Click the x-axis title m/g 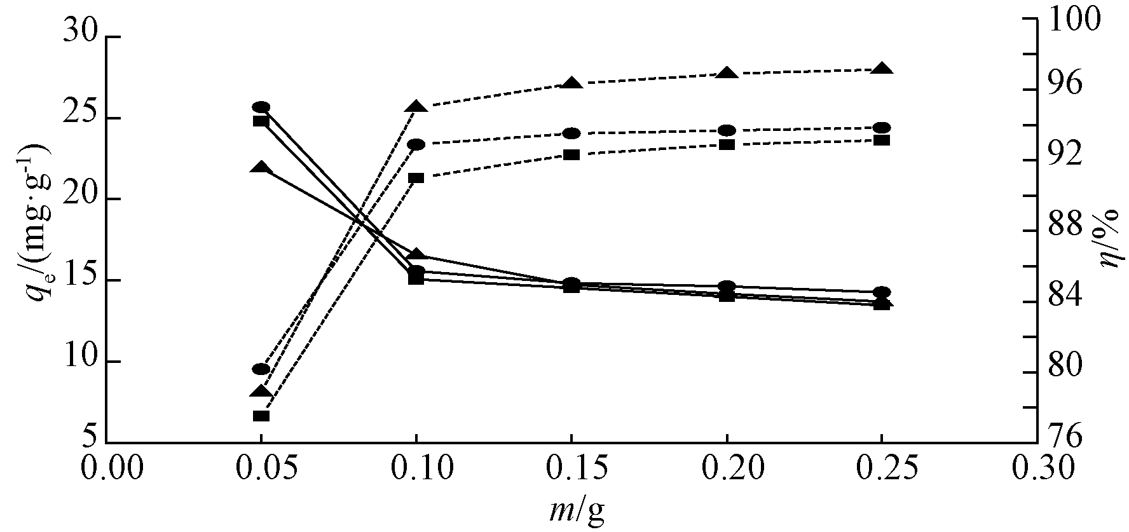point(577,512)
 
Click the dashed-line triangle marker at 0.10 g point(416,106)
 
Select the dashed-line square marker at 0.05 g point(261,416)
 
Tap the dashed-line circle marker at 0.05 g point(261,369)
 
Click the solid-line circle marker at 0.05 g point(261,107)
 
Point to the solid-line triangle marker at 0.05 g point(261,168)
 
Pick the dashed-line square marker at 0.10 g point(416,178)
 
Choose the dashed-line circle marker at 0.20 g point(727,130)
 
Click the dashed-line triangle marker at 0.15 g point(571,83)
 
